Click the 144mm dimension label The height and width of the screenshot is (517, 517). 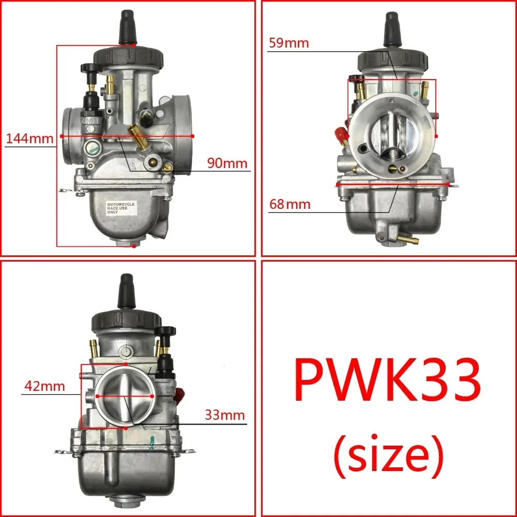[x=29, y=139]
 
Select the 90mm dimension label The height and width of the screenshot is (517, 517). [x=227, y=163]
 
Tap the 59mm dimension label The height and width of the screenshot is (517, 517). [x=288, y=43]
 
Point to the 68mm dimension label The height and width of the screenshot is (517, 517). [x=290, y=204]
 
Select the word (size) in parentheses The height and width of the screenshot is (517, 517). [x=388, y=453]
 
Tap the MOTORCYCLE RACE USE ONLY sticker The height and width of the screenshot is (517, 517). [x=120, y=208]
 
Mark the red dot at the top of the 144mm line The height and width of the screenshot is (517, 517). [x=134, y=45]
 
